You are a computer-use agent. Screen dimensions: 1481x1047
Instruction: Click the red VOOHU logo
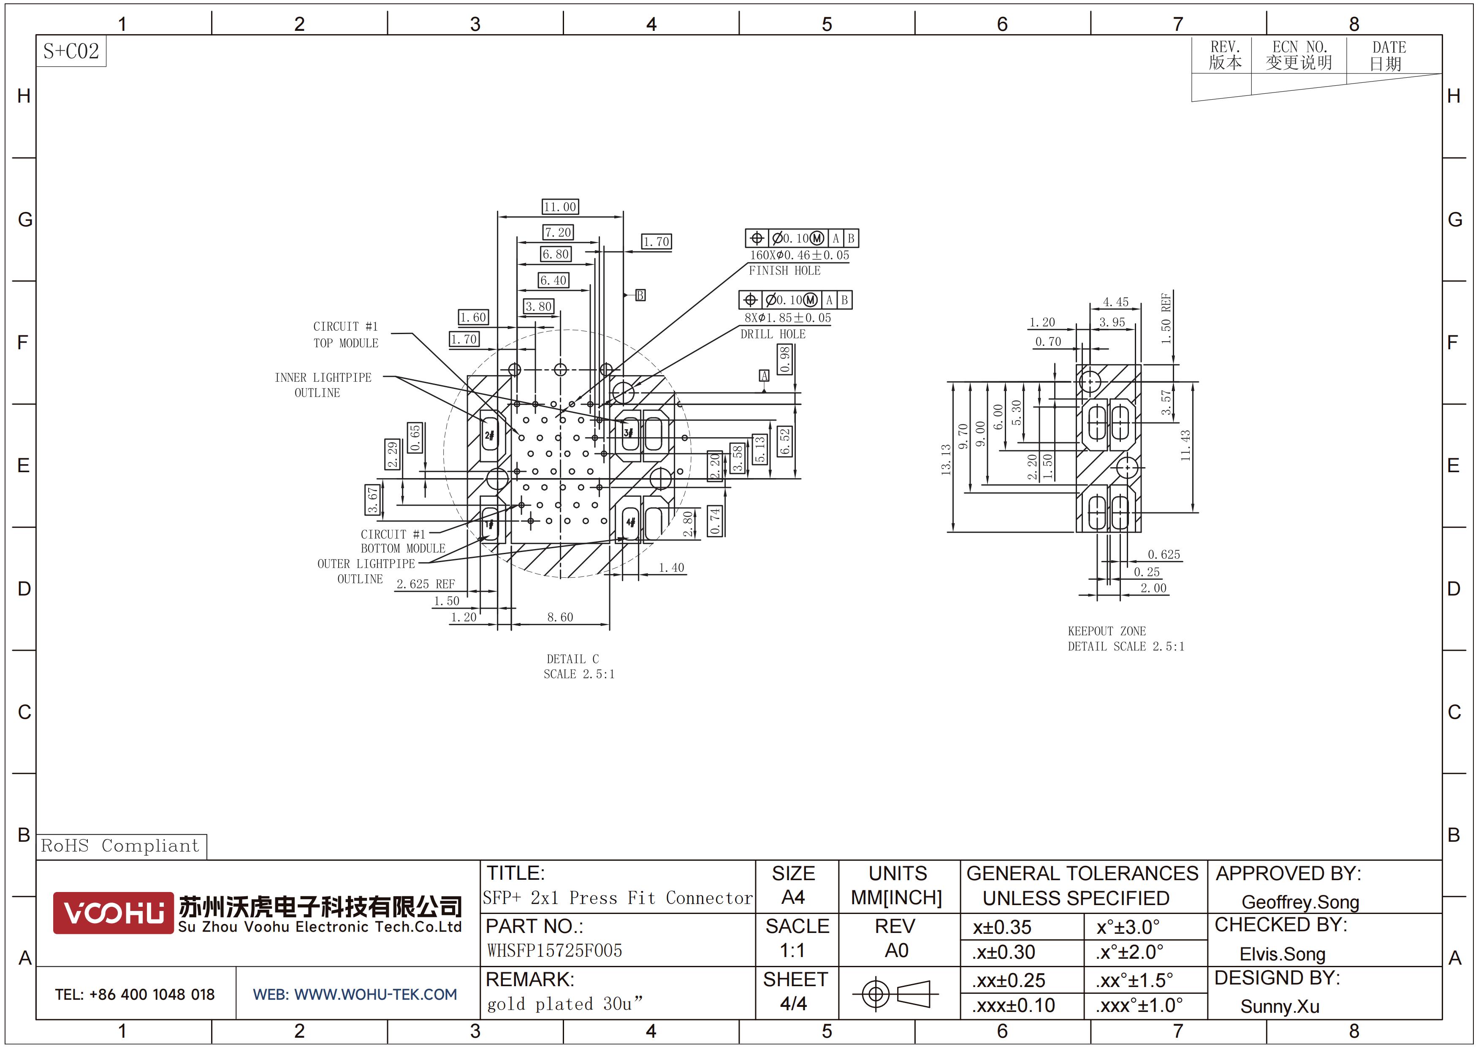tap(114, 913)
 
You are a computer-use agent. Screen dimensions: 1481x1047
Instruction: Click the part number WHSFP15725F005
tap(555, 951)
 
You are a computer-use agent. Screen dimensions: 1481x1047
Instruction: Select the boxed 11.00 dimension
tap(560, 207)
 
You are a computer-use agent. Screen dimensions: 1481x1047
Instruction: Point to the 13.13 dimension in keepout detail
tap(946, 460)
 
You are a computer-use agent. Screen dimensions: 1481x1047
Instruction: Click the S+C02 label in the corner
tap(71, 51)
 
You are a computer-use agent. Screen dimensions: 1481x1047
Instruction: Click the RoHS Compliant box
tap(121, 846)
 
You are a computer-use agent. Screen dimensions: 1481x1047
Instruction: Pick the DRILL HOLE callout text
tap(773, 334)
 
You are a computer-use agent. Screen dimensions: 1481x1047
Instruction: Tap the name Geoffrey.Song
tap(1300, 902)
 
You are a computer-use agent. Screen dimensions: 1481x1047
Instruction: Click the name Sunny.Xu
tap(1280, 1006)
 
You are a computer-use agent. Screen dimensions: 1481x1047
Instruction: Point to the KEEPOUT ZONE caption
tap(1107, 631)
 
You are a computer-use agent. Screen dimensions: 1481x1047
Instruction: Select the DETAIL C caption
tap(573, 658)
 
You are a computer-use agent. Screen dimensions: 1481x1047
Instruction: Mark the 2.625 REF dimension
tap(426, 584)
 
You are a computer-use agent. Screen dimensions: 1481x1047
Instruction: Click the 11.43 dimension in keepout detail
tap(1185, 445)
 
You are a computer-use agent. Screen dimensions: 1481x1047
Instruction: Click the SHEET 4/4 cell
tap(795, 992)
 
